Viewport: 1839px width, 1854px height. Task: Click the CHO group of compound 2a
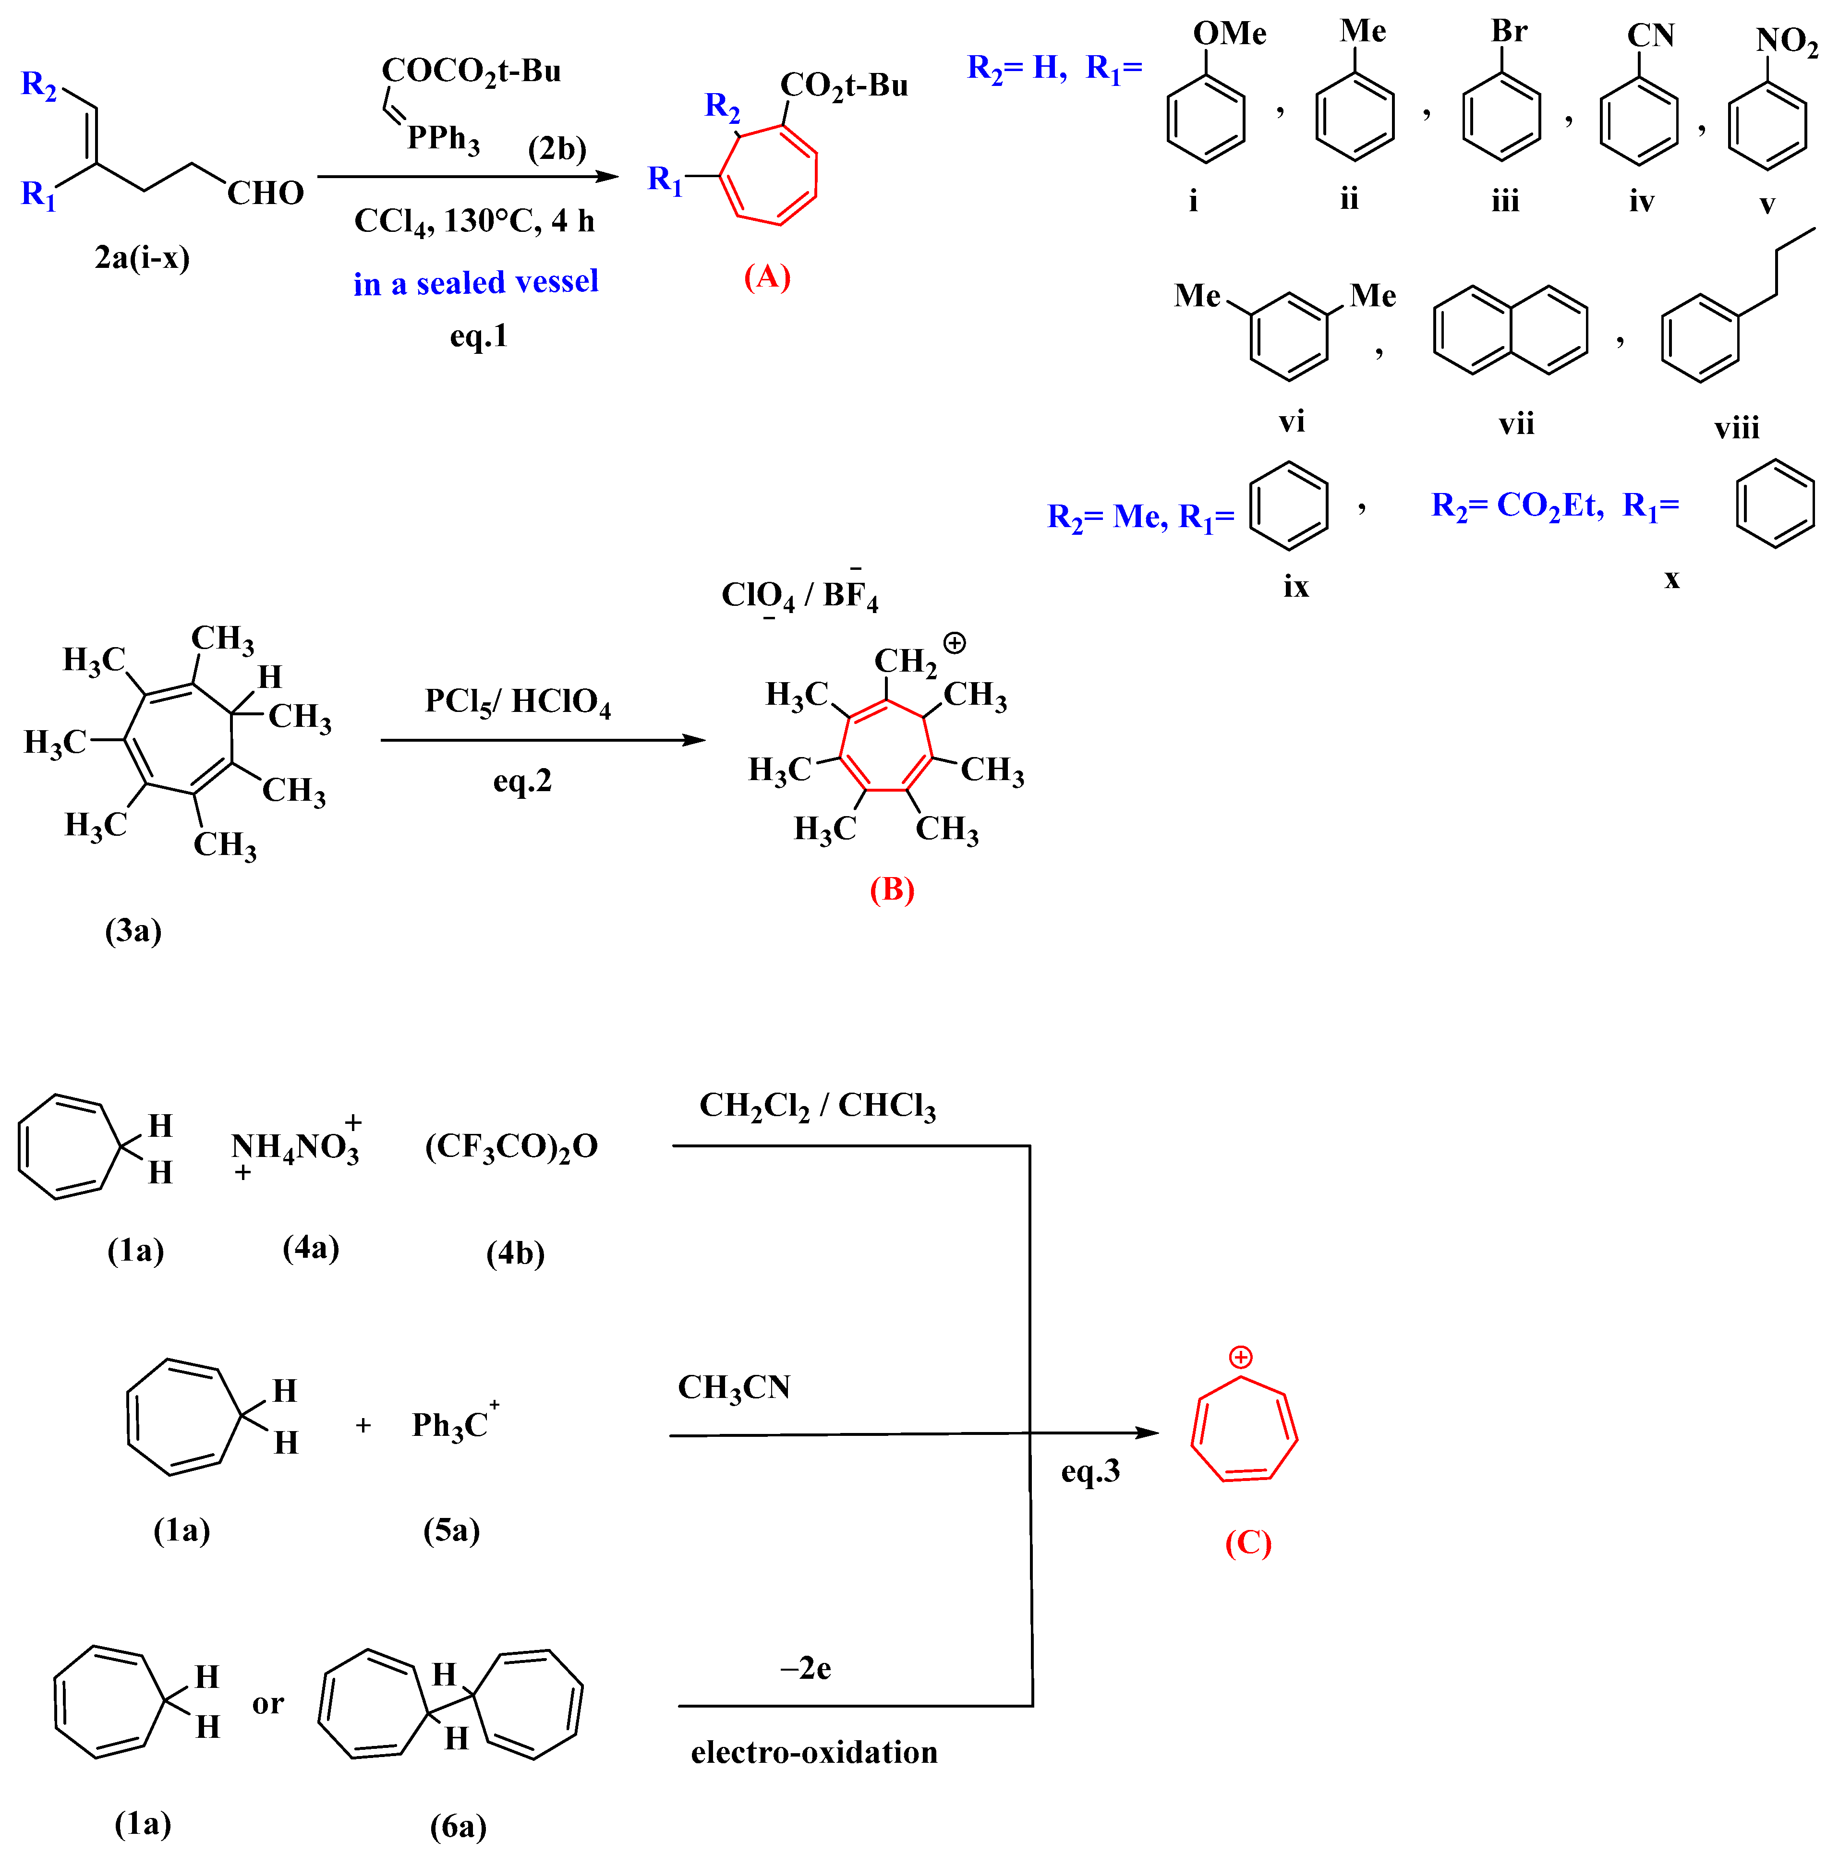tap(265, 194)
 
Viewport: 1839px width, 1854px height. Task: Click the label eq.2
tap(522, 781)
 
